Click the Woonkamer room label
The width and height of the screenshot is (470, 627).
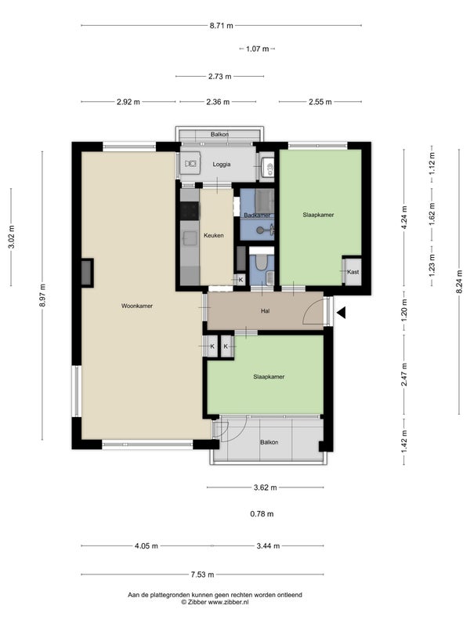pyautogui.click(x=137, y=306)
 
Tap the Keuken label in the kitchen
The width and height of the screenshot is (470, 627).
pyautogui.click(x=213, y=236)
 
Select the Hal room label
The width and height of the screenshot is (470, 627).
pyautogui.click(x=265, y=310)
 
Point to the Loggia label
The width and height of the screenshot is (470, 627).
pyautogui.click(x=222, y=165)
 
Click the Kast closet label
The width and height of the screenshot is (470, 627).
pyautogui.click(x=353, y=272)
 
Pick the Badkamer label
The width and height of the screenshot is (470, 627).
pyautogui.click(x=257, y=215)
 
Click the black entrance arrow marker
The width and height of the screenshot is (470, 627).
pyautogui.click(x=341, y=313)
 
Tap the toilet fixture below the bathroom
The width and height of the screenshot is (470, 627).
pyautogui.click(x=262, y=262)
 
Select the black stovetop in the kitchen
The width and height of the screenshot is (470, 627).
pyautogui.click(x=190, y=211)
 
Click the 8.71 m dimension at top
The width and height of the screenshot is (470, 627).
pyautogui.click(x=222, y=26)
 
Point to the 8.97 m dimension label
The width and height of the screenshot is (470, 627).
pyautogui.click(x=42, y=295)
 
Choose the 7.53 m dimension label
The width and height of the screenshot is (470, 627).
pyautogui.click(x=202, y=574)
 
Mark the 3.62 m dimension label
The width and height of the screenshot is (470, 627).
pyautogui.click(x=265, y=487)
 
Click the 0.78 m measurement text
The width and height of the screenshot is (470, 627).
pyautogui.click(x=262, y=514)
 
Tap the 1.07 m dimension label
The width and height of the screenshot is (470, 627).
pyautogui.click(x=258, y=49)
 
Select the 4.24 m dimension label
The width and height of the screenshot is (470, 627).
pyautogui.click(x=404, y=217)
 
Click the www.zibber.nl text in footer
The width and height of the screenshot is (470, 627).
pyautogui.click(x=228, y=602)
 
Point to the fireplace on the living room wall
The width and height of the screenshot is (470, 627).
pyautogui.click(x=87, y=273)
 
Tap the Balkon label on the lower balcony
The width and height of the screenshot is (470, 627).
pyautogui.click(x=269, y=442)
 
